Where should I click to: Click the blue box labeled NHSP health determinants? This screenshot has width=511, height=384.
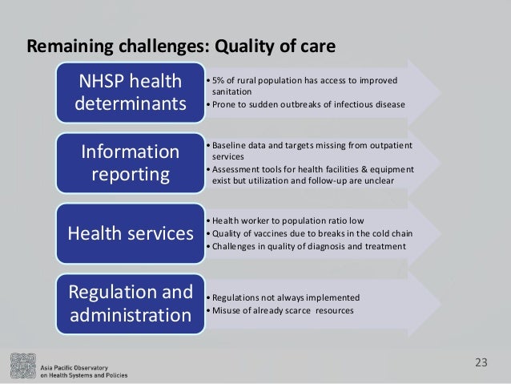(x=128, y=93)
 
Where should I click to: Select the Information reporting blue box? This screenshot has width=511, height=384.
(x=128, y=163)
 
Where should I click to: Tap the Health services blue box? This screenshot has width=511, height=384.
(x=128, y=233)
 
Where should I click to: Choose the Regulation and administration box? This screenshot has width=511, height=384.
(x=128, y=303)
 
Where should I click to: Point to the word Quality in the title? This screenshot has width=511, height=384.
(x=239, y=47)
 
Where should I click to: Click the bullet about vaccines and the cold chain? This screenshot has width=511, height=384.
(x=310, y=233)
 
